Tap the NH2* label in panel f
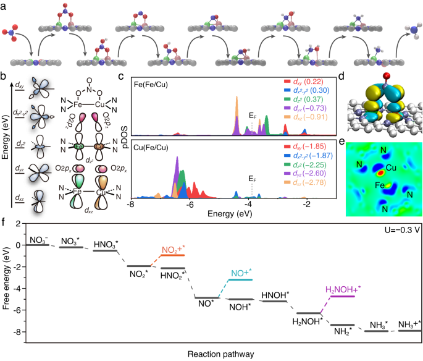click(343, 332)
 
